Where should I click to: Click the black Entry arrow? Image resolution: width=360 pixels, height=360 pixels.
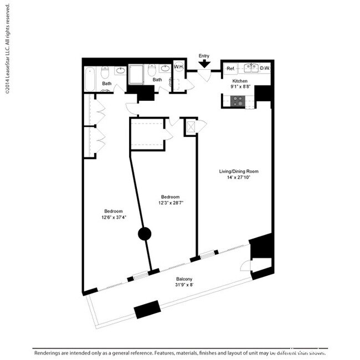204,64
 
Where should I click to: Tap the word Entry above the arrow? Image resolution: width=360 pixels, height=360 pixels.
204,55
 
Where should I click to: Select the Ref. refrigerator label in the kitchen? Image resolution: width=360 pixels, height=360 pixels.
231,69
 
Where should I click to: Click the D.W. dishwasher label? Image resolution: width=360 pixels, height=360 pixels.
265,69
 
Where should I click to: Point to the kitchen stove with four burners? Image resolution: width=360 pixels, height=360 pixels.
238,101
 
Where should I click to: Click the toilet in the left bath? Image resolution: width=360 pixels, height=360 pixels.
105,72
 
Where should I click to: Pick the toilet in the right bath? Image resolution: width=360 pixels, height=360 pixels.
152,71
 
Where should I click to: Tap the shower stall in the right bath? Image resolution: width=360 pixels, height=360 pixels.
137,75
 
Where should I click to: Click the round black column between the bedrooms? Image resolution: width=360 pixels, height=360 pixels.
144,234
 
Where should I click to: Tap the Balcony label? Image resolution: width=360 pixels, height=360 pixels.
184,279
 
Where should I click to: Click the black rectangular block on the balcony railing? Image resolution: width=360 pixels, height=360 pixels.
147,308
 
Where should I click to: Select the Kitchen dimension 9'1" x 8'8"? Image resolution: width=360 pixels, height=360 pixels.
241,87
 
